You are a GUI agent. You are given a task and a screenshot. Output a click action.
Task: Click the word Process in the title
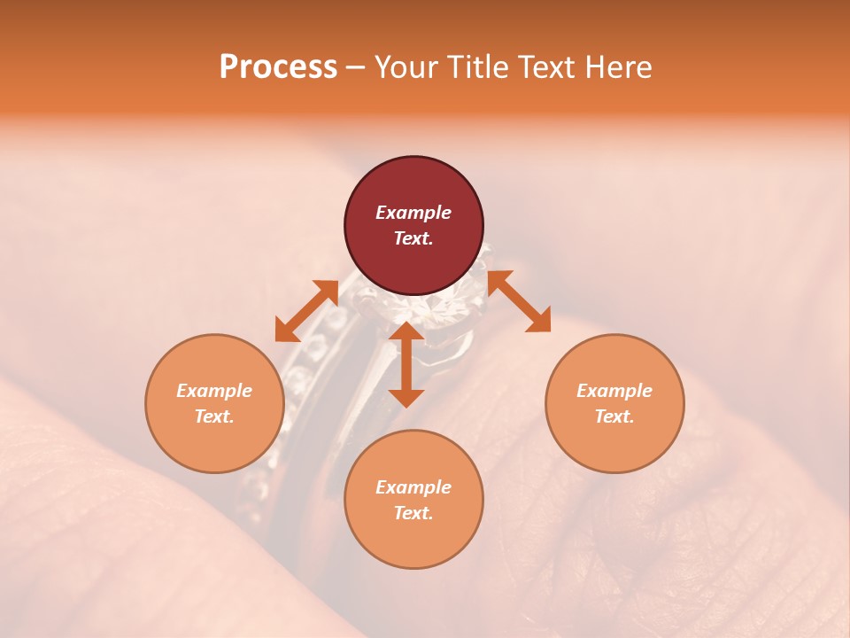coord(278,67)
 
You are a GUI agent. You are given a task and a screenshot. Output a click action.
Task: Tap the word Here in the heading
coord(620,67)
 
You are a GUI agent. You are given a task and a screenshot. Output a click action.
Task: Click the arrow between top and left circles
coord(306,311)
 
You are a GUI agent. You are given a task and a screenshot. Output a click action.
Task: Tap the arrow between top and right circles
coord(520,301)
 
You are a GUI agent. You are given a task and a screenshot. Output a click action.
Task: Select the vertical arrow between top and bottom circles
coord(406,364)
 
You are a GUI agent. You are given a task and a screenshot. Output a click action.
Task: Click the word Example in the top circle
coord(413,213)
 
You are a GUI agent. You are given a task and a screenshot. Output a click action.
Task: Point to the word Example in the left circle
coord(214,391)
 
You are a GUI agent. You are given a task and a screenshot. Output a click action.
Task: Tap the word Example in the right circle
coord(614,391)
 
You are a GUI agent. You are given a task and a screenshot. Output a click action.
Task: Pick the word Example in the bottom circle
coord(413,487)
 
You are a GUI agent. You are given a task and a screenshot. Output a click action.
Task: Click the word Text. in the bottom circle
coord(413,513)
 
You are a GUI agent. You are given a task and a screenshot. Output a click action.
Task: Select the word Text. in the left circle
coord(214,416)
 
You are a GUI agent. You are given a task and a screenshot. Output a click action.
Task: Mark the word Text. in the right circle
coord(614,416)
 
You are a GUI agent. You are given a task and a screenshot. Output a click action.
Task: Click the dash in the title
coord(356,67)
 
